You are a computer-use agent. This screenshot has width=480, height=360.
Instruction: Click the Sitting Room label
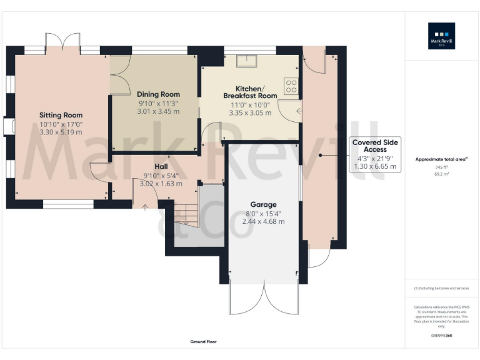pos(61,115)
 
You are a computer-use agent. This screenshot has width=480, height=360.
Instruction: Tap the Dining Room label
pos(158,94)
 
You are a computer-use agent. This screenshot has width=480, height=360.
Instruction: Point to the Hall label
pos(161,167)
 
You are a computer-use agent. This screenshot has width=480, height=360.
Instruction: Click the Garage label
pos(263,204)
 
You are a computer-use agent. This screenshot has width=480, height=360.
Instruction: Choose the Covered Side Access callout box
pos(374,154)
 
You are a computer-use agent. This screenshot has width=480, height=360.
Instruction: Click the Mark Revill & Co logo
pos(441,36)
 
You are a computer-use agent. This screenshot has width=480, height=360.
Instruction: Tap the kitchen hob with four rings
pos(291,86)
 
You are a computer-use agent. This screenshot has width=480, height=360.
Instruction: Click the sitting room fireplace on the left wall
pos(9,127)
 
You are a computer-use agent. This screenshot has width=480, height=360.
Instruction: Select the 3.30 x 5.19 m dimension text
pos(61,132)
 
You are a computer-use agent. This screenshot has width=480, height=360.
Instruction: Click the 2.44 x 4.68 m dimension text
pos(263,222)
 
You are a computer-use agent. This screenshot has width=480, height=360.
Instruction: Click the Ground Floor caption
pos(204,342)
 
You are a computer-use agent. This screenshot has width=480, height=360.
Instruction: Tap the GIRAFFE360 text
pos(441,336)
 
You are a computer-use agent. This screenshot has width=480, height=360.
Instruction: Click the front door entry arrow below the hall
pos(145,207)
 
